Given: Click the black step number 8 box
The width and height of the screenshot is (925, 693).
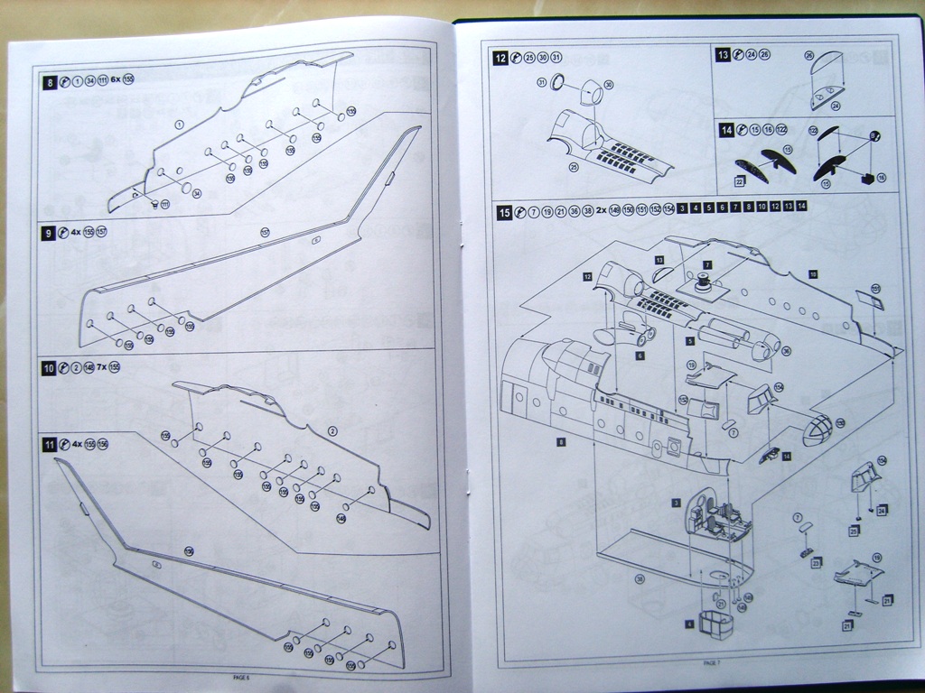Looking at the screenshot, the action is point(51,82).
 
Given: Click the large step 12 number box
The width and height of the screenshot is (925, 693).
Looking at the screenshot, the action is point(500,58).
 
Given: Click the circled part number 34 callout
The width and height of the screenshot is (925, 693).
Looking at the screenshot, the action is point(197,192).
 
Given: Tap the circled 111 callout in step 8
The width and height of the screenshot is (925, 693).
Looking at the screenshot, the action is point(165,205).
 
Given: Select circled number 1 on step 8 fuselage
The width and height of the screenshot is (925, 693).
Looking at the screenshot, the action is point(179,124).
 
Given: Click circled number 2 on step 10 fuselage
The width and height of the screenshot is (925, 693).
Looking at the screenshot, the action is point(332,431).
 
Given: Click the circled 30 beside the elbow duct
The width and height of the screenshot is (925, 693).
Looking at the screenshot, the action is point(609,85).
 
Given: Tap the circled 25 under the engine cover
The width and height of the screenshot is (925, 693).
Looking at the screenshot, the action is point(573,166).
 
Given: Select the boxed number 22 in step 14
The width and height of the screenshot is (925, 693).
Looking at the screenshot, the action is point(739,181).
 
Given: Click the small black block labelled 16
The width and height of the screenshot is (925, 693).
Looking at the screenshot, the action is point(869,178).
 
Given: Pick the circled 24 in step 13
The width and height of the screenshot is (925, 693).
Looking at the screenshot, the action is point(835,106).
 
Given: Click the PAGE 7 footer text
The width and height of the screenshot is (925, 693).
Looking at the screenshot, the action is point(712,663).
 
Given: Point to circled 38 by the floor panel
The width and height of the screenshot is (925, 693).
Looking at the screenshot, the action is point(640,578).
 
